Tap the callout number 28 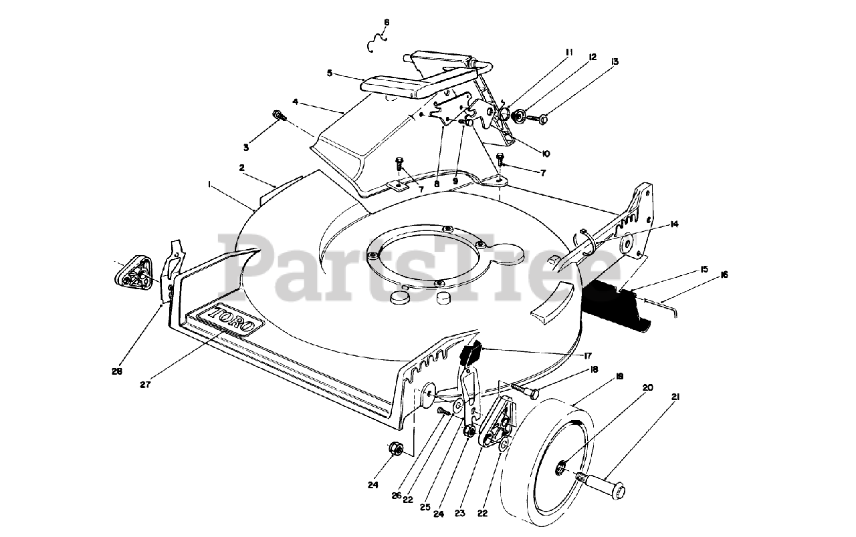click(117, 371)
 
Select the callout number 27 click(146, 384)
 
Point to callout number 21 click(675, 397)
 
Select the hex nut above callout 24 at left click(395, 449)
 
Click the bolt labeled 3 click(278, 117)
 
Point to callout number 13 click(615, 61)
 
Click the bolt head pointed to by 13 click(542, 119)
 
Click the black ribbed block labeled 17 click(471, 351)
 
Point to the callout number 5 click(329, 73)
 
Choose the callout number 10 click(545, 154)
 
